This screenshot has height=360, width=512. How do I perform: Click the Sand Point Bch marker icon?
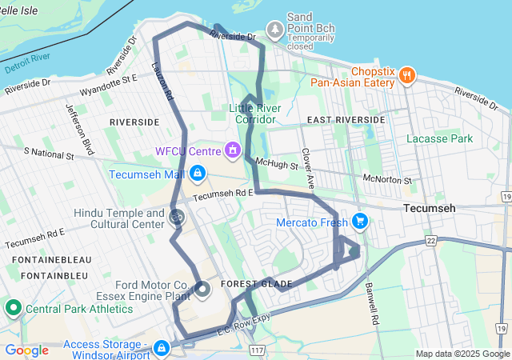pos(275,30)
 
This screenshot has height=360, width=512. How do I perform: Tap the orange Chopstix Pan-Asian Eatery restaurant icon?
pos(407,75)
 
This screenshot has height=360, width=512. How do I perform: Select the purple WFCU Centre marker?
pos(234,150)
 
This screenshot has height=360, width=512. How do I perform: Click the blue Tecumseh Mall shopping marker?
pos(197,174)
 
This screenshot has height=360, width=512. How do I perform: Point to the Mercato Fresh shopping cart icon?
pos(360,221)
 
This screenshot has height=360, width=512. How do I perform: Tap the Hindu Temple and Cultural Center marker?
pos(177,215)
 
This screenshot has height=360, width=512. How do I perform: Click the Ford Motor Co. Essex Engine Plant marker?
pos(202,290)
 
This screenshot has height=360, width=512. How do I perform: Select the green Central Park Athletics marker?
pos(13,307)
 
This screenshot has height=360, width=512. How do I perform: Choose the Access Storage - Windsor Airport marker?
pos(162,348)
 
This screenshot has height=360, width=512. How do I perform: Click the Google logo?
pos(26,350)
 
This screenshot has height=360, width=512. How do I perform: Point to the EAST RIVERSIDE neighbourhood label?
pos(346,119)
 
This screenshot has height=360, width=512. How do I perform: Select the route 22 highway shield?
pos(433,241)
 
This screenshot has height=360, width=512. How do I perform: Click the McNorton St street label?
pos(386,179)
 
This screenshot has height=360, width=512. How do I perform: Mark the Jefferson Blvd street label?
pos(81,124)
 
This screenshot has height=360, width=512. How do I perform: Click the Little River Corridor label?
pos(253,114)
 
